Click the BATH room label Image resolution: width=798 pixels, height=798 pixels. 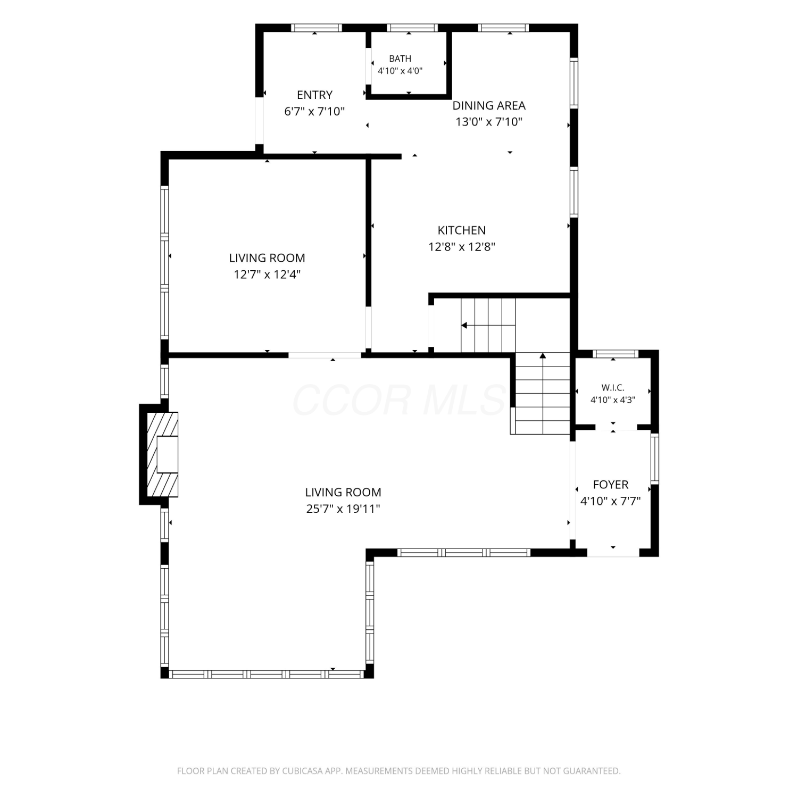[400, 59]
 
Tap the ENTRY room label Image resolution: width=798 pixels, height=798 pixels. [314, 95]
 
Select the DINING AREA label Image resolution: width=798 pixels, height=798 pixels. [489, 105]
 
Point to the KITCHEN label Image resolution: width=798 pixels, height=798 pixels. [461, 230]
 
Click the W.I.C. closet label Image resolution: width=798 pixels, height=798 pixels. [613, 388]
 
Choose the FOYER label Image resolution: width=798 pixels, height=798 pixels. [611, 485]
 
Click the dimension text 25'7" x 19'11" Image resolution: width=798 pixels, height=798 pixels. [343, 509]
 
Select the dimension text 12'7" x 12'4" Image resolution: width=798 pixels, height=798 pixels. [267, 275]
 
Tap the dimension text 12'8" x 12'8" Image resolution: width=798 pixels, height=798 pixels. [462, 247]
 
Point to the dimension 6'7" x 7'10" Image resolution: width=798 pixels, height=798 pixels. [314, 111]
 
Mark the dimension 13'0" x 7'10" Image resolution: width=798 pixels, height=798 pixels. [489, 122]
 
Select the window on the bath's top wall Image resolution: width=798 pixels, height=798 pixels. [412, 28]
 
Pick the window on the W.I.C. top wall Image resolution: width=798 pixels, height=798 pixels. [616, 354]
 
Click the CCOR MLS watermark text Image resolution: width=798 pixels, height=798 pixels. [399, 400]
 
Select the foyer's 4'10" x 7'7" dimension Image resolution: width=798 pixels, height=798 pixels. [610, 501]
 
